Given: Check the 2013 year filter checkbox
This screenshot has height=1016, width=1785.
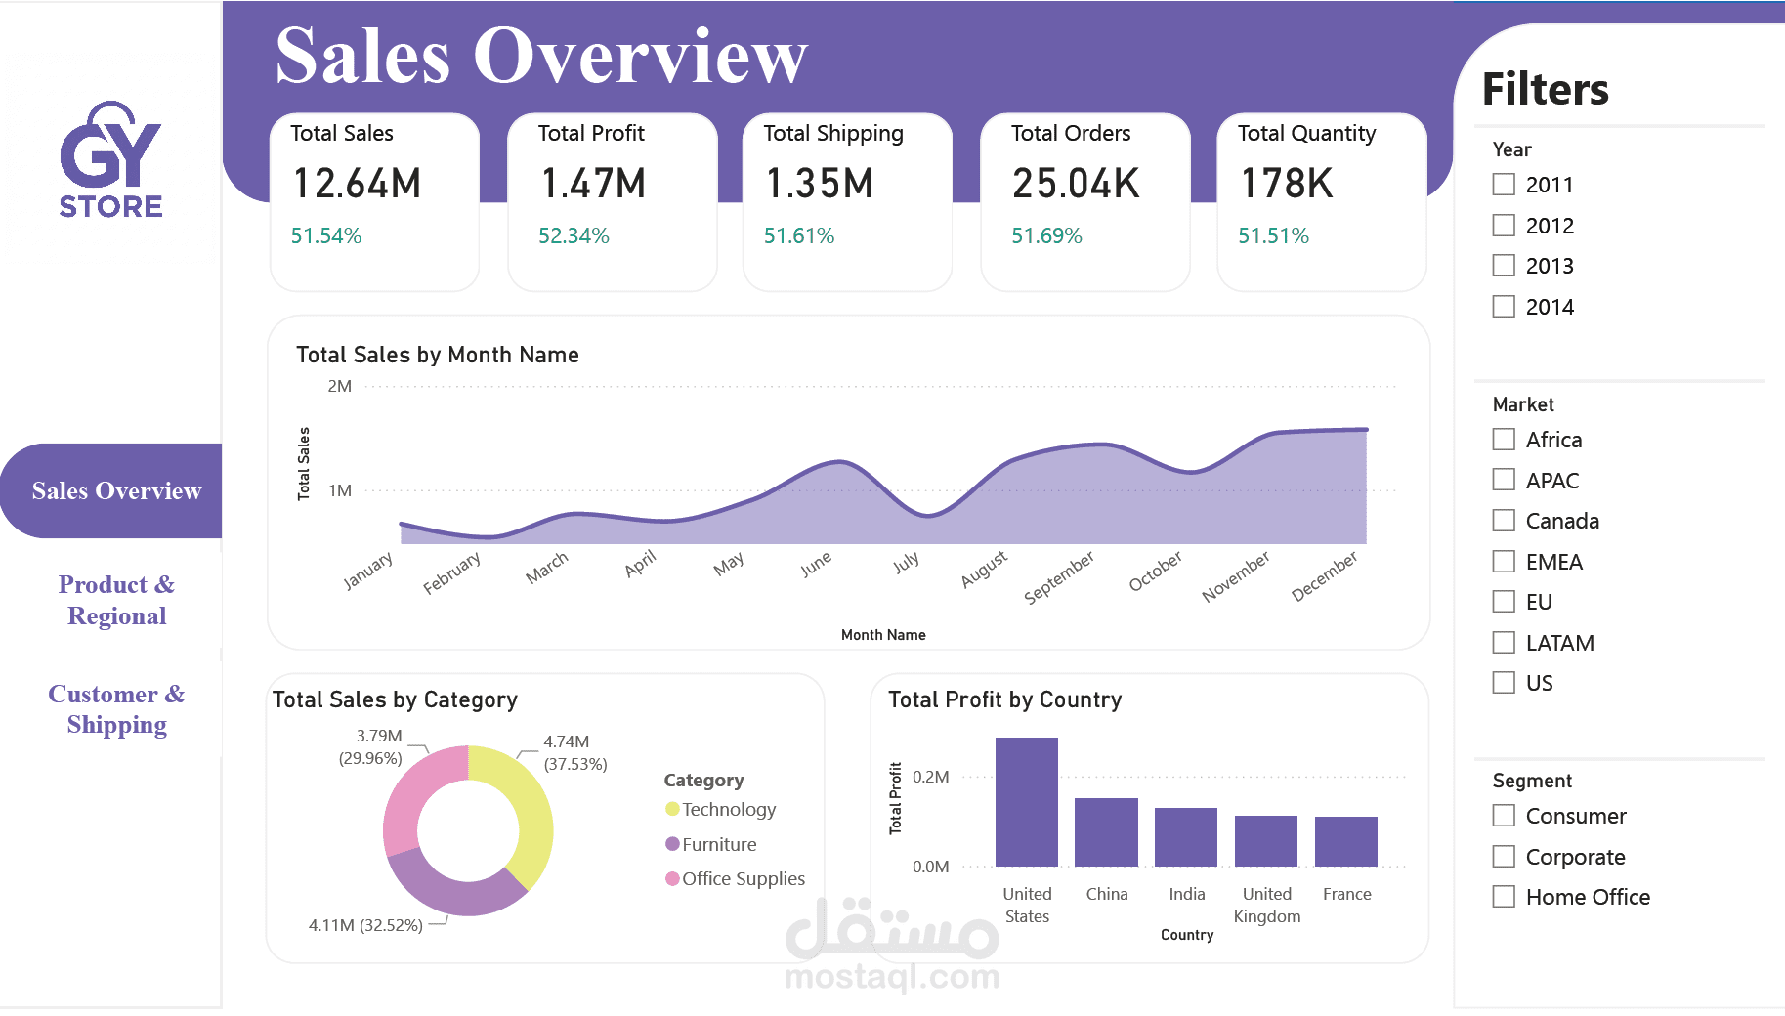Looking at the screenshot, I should [x=1504, y=266].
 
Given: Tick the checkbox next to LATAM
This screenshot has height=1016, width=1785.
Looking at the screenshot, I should [x=1504, y=643].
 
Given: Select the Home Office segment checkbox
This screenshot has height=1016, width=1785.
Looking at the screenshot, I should [x=1504, y=897].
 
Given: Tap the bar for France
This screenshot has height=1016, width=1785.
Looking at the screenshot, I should [x=1345, y=842].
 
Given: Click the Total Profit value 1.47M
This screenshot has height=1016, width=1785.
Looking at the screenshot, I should [x=593, y=184].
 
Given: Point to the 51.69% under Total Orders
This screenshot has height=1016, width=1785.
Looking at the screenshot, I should [x=1046, y=236].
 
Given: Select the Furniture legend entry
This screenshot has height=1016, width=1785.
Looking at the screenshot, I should [x=718, y=844].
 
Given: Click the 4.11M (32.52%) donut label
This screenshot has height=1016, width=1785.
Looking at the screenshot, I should [x=365, y=925].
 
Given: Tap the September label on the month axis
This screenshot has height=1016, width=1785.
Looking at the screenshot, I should [x=1059, y=577].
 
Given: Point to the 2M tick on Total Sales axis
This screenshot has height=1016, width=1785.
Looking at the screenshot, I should [x=339, y=387].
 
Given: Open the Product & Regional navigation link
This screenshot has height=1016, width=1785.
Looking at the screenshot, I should [x=116, y=600].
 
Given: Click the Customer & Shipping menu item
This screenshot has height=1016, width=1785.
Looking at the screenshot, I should [x=116, y=709].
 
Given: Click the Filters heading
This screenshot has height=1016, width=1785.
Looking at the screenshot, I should [x=1545, y=90].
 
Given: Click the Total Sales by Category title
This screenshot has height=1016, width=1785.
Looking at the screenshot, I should [x=395, y=700].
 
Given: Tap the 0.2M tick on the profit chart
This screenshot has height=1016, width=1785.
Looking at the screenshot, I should [x=930, y=778].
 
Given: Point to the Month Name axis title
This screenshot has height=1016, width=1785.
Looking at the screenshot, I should [x=883, y=635].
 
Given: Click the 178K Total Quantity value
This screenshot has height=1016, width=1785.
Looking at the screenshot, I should [x=1286, y=184].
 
